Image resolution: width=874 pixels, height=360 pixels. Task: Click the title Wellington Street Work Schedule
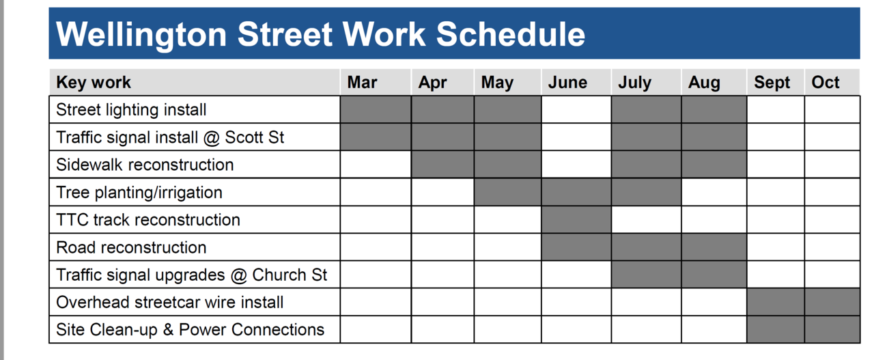click(320, 34)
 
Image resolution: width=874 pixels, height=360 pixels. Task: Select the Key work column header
click(94, 83)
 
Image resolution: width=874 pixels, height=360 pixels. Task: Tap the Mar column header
click(362, 83)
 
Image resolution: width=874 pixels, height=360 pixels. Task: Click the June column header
click(567, 83)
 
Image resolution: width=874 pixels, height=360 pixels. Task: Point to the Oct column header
click(826, 83)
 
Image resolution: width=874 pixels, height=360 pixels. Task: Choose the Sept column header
click(772, 83)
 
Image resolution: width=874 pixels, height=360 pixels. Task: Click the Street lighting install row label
click(131, 110)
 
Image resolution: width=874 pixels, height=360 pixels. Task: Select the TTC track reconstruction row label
click(148, 220)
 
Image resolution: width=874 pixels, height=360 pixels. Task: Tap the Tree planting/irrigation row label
click(139, 193)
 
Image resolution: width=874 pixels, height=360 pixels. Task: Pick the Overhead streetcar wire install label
click(170, 302)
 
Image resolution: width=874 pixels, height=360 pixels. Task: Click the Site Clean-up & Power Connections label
click(190, 329)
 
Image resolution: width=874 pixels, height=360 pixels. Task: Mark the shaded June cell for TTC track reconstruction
click(576, 220)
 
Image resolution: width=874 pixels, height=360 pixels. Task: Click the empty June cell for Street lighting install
click(576, 110)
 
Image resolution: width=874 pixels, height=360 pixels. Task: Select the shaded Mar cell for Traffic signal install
click(376, 137)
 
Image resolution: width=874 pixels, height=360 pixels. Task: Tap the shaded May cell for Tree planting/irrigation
click(507, 193)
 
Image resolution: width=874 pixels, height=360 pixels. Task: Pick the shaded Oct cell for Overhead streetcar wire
click(832, 302)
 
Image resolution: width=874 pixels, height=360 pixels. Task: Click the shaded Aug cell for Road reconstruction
click(714, 247)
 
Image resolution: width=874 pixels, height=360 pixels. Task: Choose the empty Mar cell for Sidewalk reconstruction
click(376, 165)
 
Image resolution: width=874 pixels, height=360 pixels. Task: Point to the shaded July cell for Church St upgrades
click(647, 275)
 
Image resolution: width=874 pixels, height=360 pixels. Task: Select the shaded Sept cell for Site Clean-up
click(776, 329)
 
